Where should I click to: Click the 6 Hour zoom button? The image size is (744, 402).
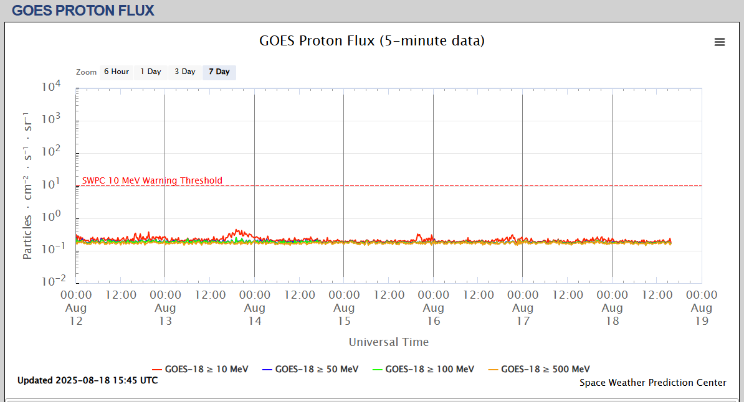pos(116,72)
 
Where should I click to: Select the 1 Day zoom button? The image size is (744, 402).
pos(150,72)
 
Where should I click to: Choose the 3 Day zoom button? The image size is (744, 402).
pos(184,72)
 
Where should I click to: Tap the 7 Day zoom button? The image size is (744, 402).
pos(219,72)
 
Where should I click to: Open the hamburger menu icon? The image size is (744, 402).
pos(720,42)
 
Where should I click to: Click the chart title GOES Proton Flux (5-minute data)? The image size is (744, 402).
pos(372,41)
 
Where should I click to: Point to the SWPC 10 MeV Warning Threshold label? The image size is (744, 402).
pos(152,181)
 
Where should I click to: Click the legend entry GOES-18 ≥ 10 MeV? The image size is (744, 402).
pos(200,369)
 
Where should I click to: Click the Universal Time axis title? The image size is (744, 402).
pos(389,342)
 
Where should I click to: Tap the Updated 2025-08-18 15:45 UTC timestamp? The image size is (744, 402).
pos(87,380)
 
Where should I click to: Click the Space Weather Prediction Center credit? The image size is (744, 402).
pos(653,383)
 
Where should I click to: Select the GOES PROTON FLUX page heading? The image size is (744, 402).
pos(83,10)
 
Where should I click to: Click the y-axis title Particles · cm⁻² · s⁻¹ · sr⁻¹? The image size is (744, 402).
pos(27,185)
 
